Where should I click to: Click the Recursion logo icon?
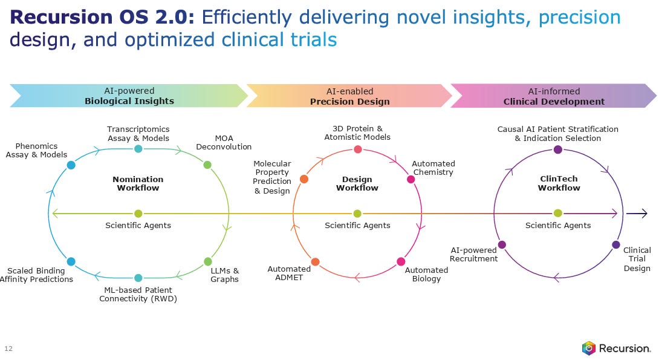588,348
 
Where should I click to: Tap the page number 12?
8,349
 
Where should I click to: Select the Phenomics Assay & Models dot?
71,165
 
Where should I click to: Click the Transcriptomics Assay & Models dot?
138,149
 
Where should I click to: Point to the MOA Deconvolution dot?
207,165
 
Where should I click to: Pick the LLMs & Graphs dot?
208,261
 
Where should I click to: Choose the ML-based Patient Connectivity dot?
138,278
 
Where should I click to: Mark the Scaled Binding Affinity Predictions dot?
71,261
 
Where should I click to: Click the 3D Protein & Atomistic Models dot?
358,149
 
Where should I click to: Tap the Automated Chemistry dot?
411,179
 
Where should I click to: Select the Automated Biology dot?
401,261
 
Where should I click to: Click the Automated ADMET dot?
315,262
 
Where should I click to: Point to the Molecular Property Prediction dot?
304,179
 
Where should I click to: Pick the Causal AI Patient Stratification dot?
558,149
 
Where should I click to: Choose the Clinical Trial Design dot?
615,244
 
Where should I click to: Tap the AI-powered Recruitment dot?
501,244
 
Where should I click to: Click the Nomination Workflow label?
138,183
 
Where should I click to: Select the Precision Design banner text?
349,102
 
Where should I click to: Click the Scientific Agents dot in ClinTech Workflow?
558,213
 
